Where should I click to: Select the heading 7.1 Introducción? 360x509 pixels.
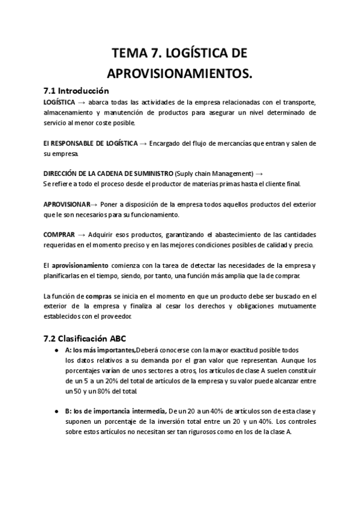point(76,91)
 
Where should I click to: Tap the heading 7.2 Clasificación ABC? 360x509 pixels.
point(85,338)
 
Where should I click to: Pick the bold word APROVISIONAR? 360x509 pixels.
point(67,204)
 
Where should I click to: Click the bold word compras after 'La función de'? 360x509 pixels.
point(97,295)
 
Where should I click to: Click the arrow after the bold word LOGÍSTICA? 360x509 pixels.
point(81,102)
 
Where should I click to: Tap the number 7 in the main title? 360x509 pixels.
point(161,53)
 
